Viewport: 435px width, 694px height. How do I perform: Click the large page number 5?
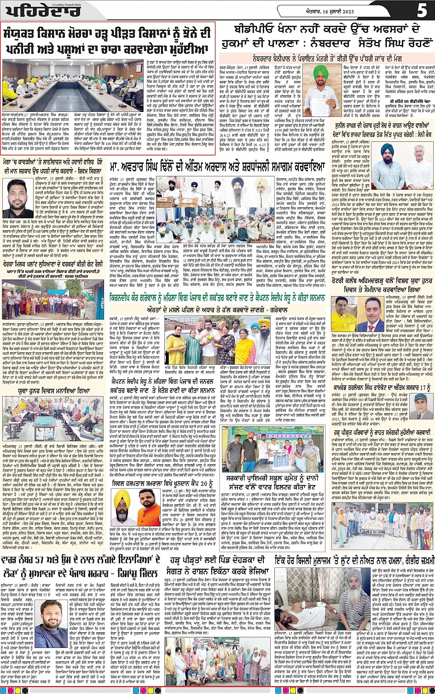422,10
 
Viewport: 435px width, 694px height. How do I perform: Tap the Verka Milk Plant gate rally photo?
53,297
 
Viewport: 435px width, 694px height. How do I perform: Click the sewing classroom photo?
53,420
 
